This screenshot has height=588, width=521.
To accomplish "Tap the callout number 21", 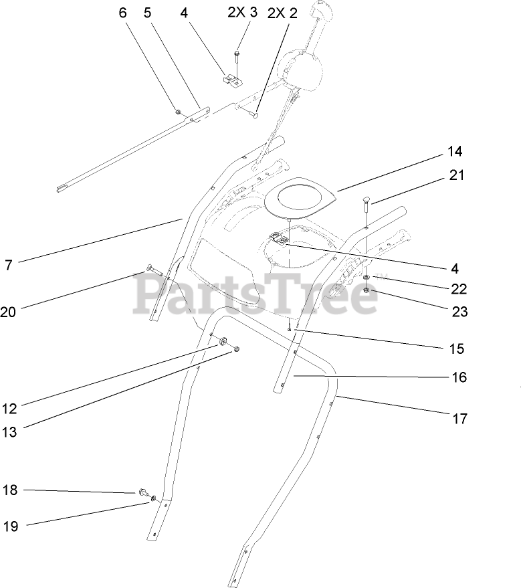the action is [x=457, y=175].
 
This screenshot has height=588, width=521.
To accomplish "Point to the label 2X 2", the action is [x=282, y=13].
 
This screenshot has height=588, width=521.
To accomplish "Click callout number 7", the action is [x=8, y=265].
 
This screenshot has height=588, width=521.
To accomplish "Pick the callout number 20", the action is [x=8, y=311].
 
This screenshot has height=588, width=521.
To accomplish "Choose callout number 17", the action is [x=459, y=419].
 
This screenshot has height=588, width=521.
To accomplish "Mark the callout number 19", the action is [x=9, y=526].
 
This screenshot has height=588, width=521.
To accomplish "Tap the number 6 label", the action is [x=122, y=13].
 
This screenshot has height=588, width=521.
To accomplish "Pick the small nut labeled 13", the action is [x=236, y=349].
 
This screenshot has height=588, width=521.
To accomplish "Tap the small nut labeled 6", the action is [x=177, y=111].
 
